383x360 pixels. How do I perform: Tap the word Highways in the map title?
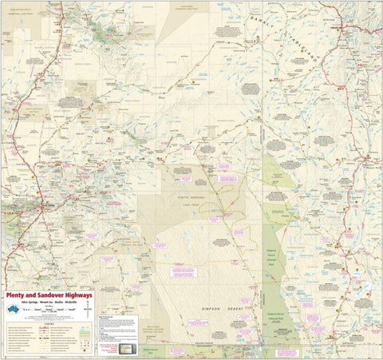[73, 295]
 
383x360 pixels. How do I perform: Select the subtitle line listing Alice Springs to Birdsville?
[49, 303]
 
